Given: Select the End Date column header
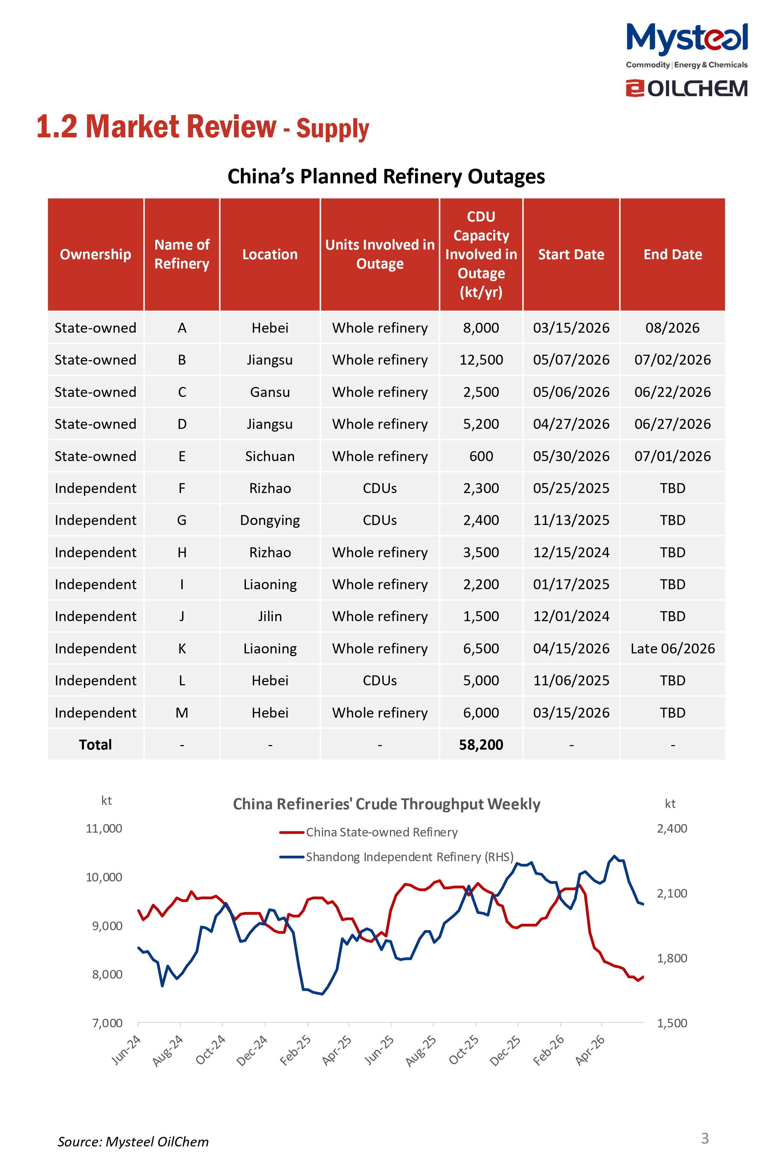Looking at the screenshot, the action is coord(672,254).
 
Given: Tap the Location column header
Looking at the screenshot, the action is coord(270,254).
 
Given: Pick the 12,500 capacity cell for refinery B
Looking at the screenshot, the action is coord(481,360).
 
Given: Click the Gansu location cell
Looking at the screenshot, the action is coord(270,392).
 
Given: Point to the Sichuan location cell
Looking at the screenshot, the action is coord(270,456).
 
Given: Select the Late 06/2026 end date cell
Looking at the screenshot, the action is coord(672,648).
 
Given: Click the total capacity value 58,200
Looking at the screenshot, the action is coord(481,745).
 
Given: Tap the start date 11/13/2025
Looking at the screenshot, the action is coord(571,520).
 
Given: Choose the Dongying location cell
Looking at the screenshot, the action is coord(270,520).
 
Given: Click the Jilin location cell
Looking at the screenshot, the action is coord(270,616).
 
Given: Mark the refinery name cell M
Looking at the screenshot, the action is coord(182,712).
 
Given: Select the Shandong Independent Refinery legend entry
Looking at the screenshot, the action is coord(396,857).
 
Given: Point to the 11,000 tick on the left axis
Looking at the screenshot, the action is coord(104,828).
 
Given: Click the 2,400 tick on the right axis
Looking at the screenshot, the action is coord(672,828).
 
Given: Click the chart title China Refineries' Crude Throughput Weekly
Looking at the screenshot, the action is coord(386,804).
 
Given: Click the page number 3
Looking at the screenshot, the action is coord(705,1138).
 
